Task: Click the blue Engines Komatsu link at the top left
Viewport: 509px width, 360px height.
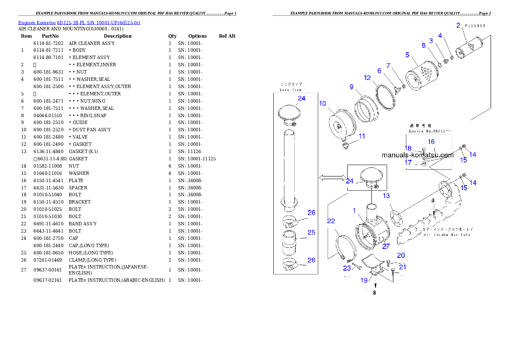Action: pos(79,22)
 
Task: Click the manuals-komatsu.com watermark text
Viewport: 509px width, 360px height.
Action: pos(417,155)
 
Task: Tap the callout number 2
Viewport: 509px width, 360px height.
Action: pos(458,25)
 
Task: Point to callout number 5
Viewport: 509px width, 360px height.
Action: pos(408,55)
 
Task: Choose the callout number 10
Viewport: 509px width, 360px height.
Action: pos(323,103)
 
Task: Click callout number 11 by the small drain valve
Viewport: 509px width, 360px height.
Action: pos(362,136)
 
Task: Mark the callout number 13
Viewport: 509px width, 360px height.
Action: pos(386,196)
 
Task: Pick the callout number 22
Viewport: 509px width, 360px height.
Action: pos(331,221)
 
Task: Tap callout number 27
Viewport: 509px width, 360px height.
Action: pos(386,246)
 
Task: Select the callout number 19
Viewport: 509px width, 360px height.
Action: pos(364,280)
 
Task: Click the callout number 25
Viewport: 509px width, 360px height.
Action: pos(311,232)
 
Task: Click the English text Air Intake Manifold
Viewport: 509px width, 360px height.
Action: pos(447,235)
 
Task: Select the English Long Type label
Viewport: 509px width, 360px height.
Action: pos(291,90)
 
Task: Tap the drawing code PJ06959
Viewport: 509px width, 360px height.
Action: pos(475,26)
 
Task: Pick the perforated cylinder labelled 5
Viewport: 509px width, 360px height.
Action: pos(422,79)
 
